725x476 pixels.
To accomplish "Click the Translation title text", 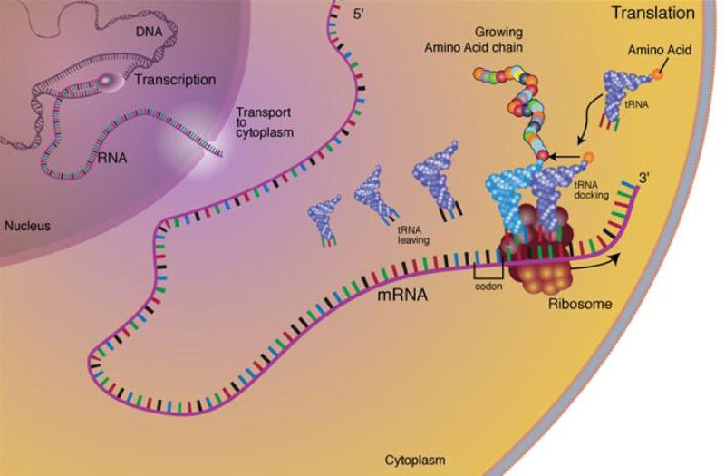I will pyautogui.click(x=652, y=14).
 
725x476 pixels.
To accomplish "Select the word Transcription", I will pyautogui.click(x=175, y=81).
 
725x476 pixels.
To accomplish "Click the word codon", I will pyautogui.click(x=488, y=286).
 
